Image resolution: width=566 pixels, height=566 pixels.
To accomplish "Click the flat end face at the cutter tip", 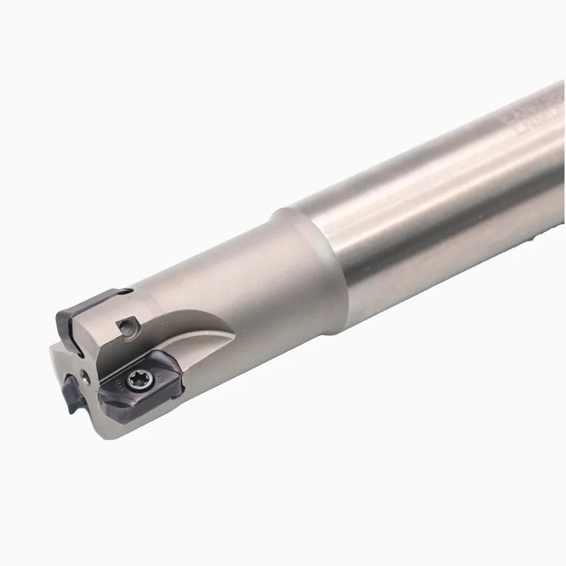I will click(71, 361).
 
